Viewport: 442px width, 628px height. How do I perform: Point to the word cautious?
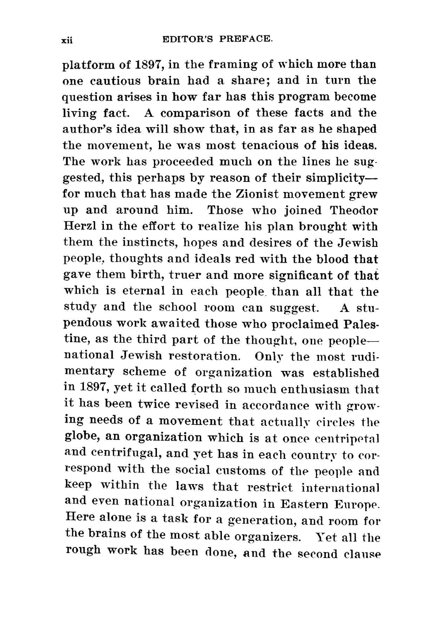pos(116,81)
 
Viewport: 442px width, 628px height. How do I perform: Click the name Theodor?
pos(354,210)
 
